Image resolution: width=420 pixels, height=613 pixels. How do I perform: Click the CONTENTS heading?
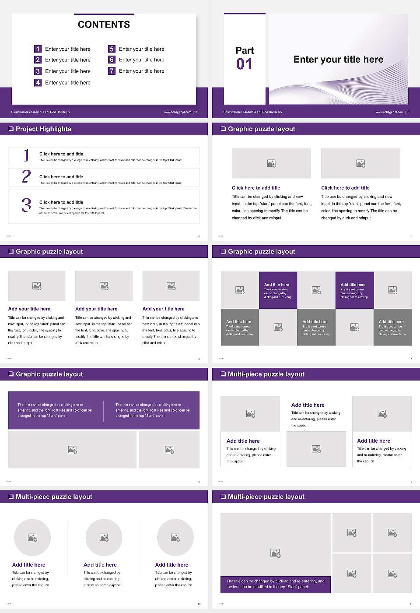tap(104, 25)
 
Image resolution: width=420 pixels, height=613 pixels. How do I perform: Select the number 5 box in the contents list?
tap(112, 49)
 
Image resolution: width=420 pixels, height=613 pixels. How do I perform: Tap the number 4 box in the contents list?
tap(38, 82)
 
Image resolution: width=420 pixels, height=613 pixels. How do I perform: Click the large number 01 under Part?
tap(244, 64)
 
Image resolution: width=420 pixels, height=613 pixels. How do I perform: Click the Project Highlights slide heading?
tap(43, 129)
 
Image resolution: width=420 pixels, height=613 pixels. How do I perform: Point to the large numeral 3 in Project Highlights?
tap(26, 205)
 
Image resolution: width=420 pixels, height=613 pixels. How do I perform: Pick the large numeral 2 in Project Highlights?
tap(26, 176)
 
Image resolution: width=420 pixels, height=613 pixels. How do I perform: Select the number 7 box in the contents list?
tap(112, 71)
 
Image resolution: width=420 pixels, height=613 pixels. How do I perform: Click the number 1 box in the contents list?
tap(38, 49)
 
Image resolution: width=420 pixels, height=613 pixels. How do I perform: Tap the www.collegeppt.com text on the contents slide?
tap(177, 112)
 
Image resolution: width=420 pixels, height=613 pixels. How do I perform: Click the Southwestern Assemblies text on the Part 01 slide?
tap(252, 112)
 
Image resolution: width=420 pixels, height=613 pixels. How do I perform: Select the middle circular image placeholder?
tap(104, 537)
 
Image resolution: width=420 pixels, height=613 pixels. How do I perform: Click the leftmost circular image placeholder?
tap(32, 537)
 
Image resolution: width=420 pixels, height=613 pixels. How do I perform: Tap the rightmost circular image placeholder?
tap(175, 537)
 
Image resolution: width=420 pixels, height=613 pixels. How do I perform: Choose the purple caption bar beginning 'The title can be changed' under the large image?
tap(275, 584)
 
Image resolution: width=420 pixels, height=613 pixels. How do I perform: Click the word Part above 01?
tap(245, 50)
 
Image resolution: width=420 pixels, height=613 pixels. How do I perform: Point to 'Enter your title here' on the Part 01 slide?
tap(338, 60)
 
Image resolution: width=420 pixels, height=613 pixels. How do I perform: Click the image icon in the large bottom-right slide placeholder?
tap(275, 553)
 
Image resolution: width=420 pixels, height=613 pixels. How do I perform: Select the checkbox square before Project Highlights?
tap(11, 129)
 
